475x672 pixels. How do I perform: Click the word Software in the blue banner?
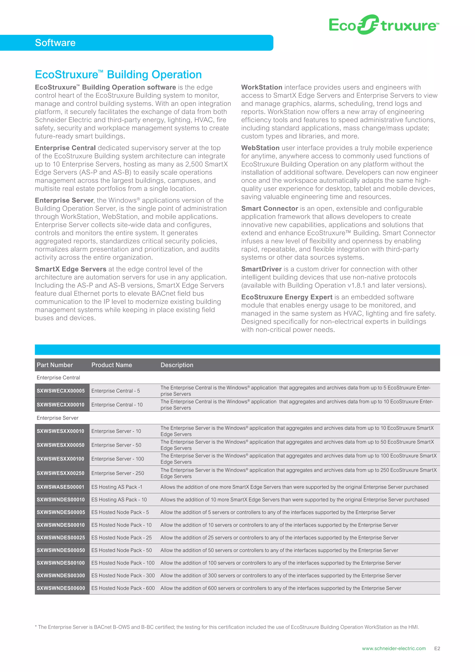tap(55, 43)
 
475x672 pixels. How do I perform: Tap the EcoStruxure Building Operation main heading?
tap(118, 75)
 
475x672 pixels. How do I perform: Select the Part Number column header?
tap(55, 365)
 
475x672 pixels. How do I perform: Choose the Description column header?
tap(177, 365)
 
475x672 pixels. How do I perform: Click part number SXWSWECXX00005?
tap(61, 391)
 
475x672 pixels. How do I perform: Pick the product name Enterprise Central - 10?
tap(117, 404)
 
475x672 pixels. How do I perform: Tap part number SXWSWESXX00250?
tap(61, 473)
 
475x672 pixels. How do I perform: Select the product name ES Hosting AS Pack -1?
tap(117, 487)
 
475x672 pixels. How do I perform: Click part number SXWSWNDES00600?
tap(61, 588)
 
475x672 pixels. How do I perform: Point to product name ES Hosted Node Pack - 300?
tap(123, 575)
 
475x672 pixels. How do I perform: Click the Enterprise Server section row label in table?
tap(57, 418)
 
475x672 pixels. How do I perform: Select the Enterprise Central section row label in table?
tap(58, 378)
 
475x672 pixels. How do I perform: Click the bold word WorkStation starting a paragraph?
tap(261, 87)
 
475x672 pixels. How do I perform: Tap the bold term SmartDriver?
tap(261, 269)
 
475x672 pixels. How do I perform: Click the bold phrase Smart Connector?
tap(269, 208)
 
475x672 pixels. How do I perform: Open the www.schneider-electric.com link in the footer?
tap(394, 648)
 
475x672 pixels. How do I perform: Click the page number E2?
tap(437, 648)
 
